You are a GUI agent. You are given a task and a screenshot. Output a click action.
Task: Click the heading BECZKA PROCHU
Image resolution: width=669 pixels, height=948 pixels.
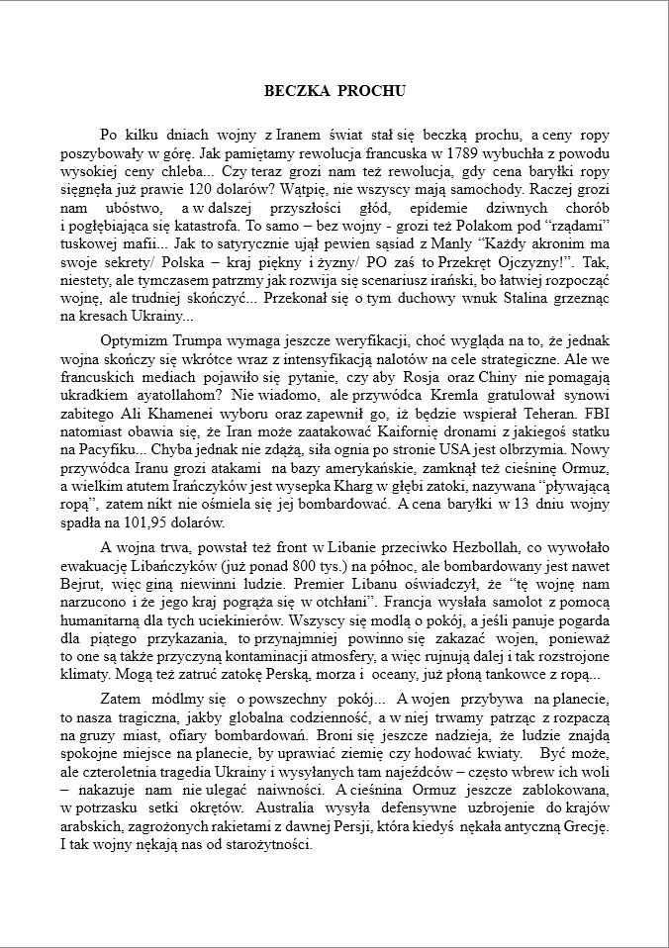[334, 90]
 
